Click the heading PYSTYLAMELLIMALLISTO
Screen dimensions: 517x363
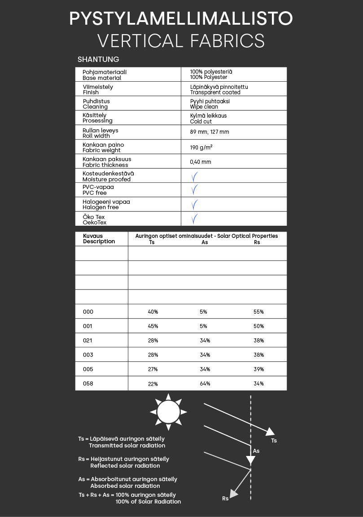point(181,18)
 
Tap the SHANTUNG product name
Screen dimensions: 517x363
point(98,59)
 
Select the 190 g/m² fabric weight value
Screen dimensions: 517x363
point(201,147)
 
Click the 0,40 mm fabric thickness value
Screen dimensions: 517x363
point(200,162)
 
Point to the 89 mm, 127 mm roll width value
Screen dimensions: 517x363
point(209,132)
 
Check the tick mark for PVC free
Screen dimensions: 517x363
point(194,190)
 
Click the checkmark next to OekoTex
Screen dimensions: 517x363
point(194,219)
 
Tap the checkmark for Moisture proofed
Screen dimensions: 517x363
point(194,176)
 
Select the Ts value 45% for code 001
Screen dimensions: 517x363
point(153,326)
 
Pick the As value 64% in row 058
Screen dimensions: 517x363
point(205,384)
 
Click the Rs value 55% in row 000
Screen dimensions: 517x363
point(258,312)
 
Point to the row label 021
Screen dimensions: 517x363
point(88,341)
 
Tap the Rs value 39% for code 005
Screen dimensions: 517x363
point(258,369)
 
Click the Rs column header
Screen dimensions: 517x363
point(257,242)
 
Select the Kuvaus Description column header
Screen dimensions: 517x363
point(99,239)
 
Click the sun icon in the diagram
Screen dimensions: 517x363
point(168,412)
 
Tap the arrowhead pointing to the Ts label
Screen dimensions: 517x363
point(270,432)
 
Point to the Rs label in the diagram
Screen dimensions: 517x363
point(225,498)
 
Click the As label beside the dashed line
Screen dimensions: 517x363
point(256,451)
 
